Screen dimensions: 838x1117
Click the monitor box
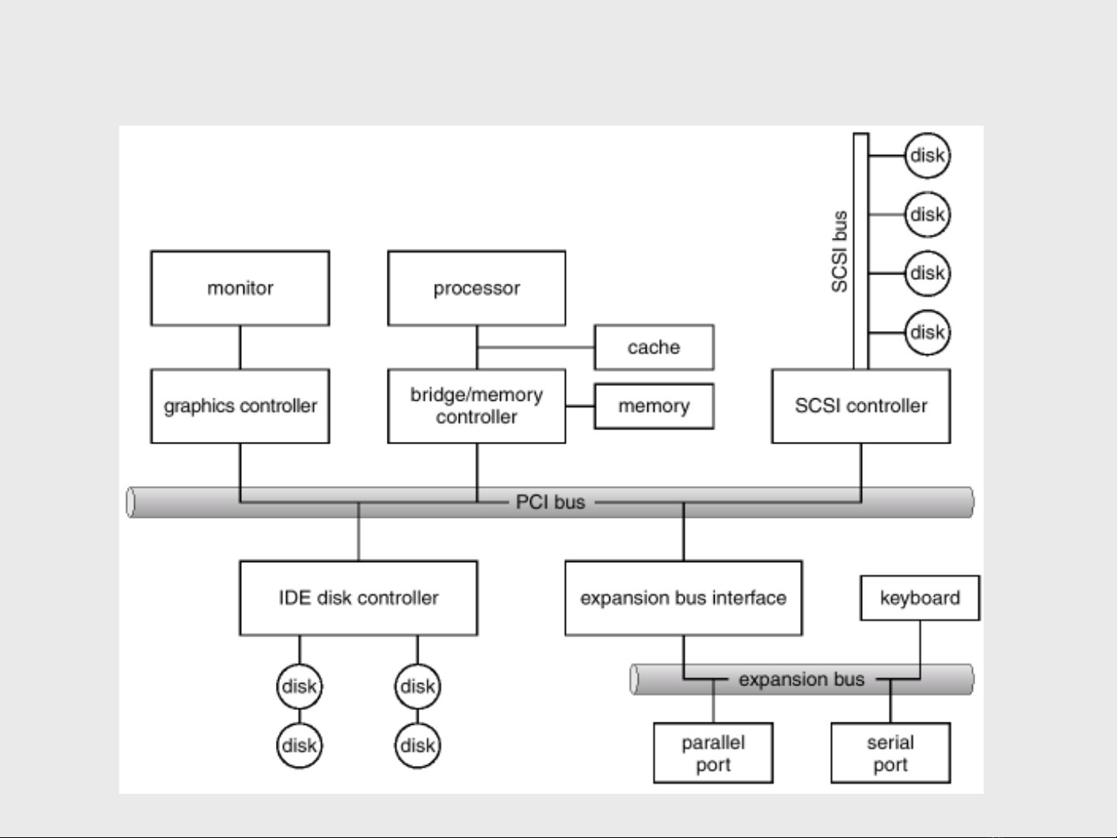pos(240,288)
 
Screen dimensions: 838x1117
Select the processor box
pos(476,288)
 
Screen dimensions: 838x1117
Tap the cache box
pos(653,347)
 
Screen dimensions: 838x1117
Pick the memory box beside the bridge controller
pos(653,406)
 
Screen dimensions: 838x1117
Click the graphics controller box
pos(240,406)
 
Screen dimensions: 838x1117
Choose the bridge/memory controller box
pos(476,406)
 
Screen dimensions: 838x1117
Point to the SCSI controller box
pos(860,406)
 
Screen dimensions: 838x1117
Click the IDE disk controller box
pos(358,598)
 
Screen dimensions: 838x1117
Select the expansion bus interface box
pos(683,598)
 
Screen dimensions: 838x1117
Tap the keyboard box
pos(919,598)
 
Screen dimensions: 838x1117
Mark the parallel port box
pos(712,754)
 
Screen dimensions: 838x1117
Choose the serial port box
pos(890,754)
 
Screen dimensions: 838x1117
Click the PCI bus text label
pos(550,502)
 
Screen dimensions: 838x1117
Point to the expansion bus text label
pos(801,680)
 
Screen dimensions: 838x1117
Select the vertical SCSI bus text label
pos(839,252)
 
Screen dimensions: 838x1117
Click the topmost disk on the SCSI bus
pos(927,156)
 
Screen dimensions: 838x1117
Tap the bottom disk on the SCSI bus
pos(927,333)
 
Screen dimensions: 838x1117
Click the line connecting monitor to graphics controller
pos(240,347)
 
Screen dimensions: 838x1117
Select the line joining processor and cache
pos(535,347)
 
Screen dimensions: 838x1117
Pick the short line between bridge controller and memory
pos(580,406)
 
